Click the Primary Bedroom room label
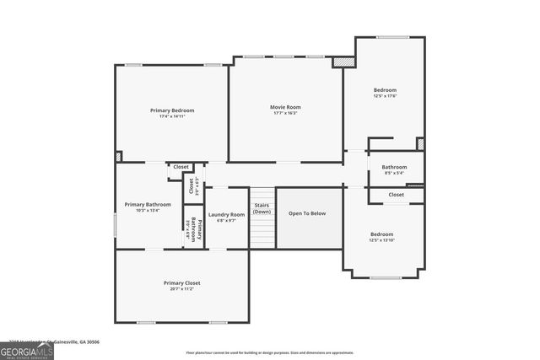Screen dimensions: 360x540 pos(172,110)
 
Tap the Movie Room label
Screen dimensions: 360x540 pos(285,107)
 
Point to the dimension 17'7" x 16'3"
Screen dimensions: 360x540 pos(285,114)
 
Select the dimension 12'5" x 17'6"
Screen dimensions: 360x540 pos(385,96)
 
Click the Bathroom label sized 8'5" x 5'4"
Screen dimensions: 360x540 pos(394,167)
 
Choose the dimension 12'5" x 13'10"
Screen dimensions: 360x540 pos(382,240)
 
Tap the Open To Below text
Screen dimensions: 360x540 pos(307,213)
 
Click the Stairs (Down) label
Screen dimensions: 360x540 pos(262,209)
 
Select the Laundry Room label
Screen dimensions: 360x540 pos(226,214)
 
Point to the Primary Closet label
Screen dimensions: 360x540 pos(181,282)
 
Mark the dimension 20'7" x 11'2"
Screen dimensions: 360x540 pos(181,289)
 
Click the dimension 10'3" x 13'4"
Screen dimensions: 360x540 pos(148,211)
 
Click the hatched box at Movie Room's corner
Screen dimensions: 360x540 pos(343,62)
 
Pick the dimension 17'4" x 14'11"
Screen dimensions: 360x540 pos(172,117)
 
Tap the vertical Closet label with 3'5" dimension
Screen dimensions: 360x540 pos(192,185)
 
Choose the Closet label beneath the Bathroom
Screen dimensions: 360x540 pos(396,195)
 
